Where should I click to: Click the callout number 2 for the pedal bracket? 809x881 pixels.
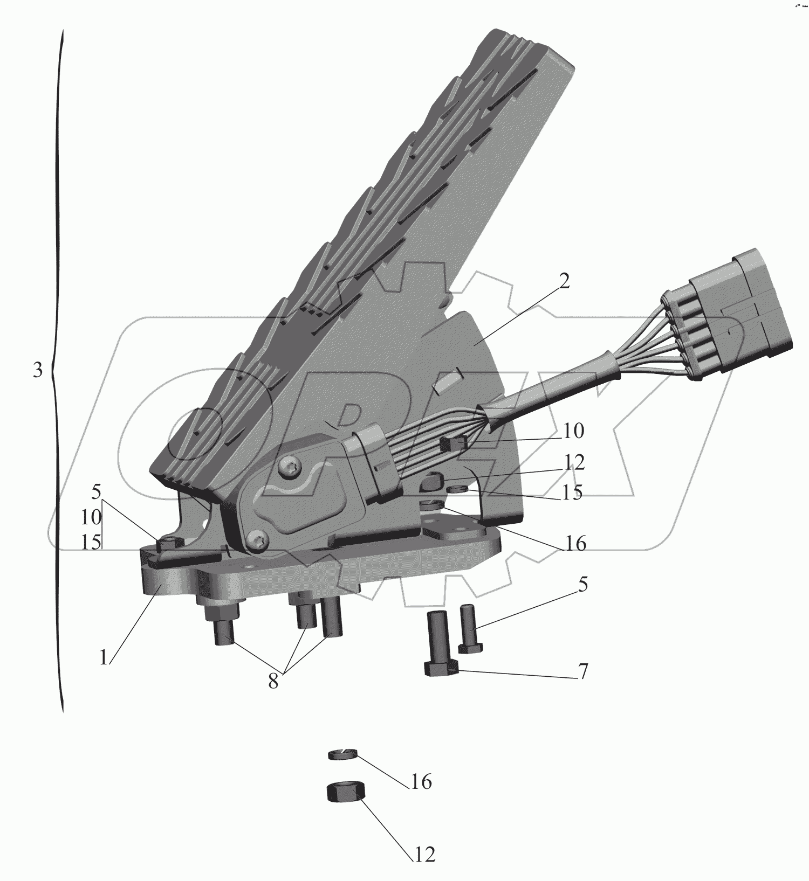[x=564, y=281]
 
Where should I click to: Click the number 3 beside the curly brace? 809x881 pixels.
[x=37, y=371]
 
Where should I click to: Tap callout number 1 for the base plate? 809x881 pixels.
[x=104, y=658]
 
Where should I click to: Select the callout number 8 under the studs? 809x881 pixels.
[x=273, y=682]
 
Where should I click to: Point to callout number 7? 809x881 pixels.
[x=582, y=671]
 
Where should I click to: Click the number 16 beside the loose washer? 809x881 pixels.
[x=421, y=781]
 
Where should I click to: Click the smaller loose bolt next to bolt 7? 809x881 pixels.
[x=469, y=628]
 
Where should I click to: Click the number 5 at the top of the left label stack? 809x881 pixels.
[x=97, y=491]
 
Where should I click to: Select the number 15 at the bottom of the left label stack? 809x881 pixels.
[x=91, y=542]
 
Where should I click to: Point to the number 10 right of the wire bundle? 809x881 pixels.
[x=574, y=431]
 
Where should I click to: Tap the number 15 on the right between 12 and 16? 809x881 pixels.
[x=571, y=492]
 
